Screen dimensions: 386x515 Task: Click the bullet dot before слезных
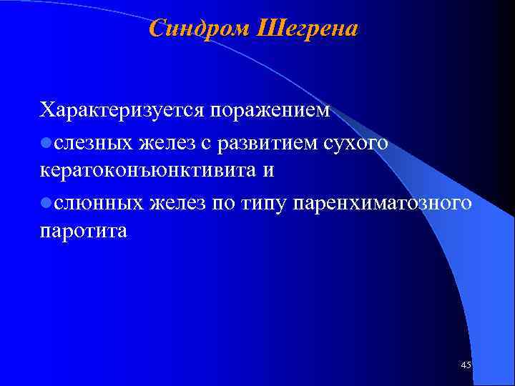pos(46,143)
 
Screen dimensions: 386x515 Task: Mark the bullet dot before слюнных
pos(46,203)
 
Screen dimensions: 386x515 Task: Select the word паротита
pos(83,232)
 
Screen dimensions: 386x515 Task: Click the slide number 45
pos(466,365)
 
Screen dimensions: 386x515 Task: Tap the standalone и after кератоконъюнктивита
pos(268,172)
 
